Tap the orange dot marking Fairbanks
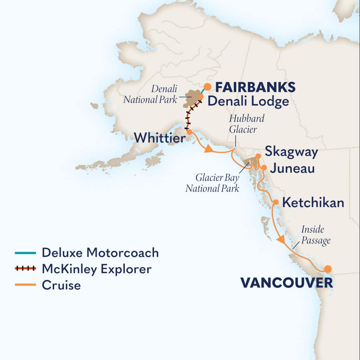click(208, 86)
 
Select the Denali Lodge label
click(248, 102)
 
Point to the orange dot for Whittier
click(189, 132)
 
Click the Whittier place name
click(160, 138)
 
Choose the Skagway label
click(291, 152)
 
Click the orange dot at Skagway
click(258, 156)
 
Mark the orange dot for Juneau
click(264, 167)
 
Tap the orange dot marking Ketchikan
click(276, 202)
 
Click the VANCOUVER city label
click(286, 283)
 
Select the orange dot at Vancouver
click(328, 269)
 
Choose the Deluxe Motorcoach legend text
click(100, 252)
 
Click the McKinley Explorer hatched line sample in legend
click(25, 269)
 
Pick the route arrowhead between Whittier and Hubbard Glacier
click(208, 149)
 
